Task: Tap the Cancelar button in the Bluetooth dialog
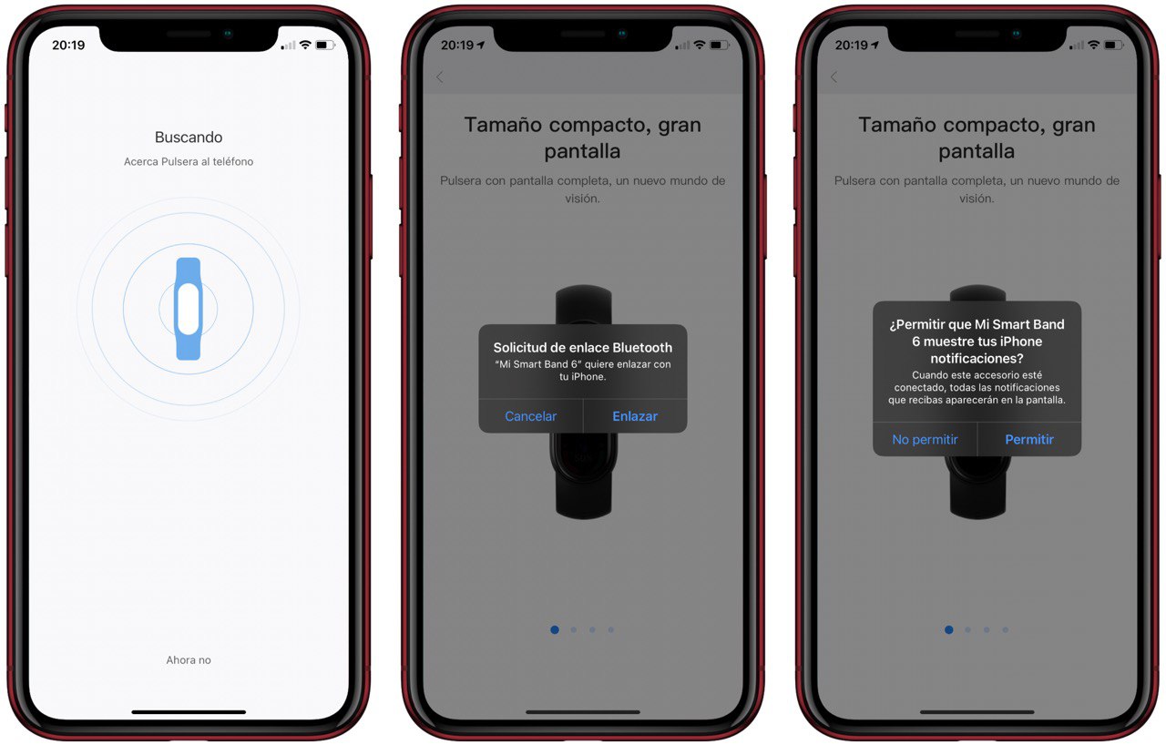click(x=530, y=416)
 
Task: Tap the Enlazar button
click(x=635, y=416)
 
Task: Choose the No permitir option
click(x=925, y=440)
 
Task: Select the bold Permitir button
click(x=1029, y=440)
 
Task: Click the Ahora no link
click(x=189, y=660)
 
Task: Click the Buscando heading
click(x=189, y=138)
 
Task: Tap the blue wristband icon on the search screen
click(x=189, y=309)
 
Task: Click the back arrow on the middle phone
click(x=440, y=77)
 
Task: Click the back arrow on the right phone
click(x=834, y=77)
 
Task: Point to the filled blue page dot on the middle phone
click(x=555, y=630)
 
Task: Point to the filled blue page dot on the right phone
click(x=949, y=630)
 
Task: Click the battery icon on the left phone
click(x=325, y=46)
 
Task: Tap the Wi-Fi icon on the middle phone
click(x=699, y=45)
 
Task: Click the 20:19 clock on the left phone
click(x=68, y=46)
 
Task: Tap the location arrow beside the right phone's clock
click(x=874, y=46)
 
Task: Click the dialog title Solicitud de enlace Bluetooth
click(x=582, y=348)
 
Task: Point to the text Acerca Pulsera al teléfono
click(x=189, y=162)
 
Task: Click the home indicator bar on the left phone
click(x=189, y=711)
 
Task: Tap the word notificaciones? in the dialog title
click(x=977, y=359)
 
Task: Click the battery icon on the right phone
click(x=1114, y=46)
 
